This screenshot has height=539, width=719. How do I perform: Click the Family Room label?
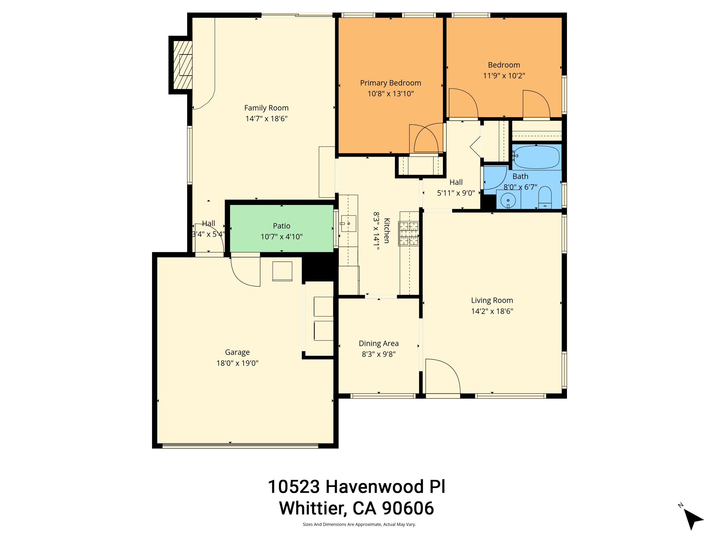(x=266, y=108)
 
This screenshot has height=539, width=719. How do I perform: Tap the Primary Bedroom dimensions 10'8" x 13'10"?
(x=390, y=94)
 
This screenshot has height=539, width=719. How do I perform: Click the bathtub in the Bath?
(x=536, y=157)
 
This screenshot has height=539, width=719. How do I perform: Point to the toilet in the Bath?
(x=545, y=198)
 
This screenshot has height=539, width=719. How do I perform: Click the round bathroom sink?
(x=508, y=200)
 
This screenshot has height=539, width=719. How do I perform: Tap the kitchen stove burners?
(x=408, y=233)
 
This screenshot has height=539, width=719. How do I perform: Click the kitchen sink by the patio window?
(x=348, y=224)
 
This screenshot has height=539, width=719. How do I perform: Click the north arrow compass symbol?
(x=692, y=519)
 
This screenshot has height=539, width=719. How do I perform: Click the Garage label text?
(x=237, y=352)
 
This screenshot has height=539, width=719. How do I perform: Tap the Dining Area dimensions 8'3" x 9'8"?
(x=378, y=354)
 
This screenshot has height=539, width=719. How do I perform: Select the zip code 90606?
(x=408, y=508)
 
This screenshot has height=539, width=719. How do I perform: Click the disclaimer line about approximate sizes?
(x=359, y=525)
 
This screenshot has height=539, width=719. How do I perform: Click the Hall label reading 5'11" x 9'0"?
(x=456, y=193)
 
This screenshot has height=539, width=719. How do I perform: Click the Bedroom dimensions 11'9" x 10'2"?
(x=504, y=76)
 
